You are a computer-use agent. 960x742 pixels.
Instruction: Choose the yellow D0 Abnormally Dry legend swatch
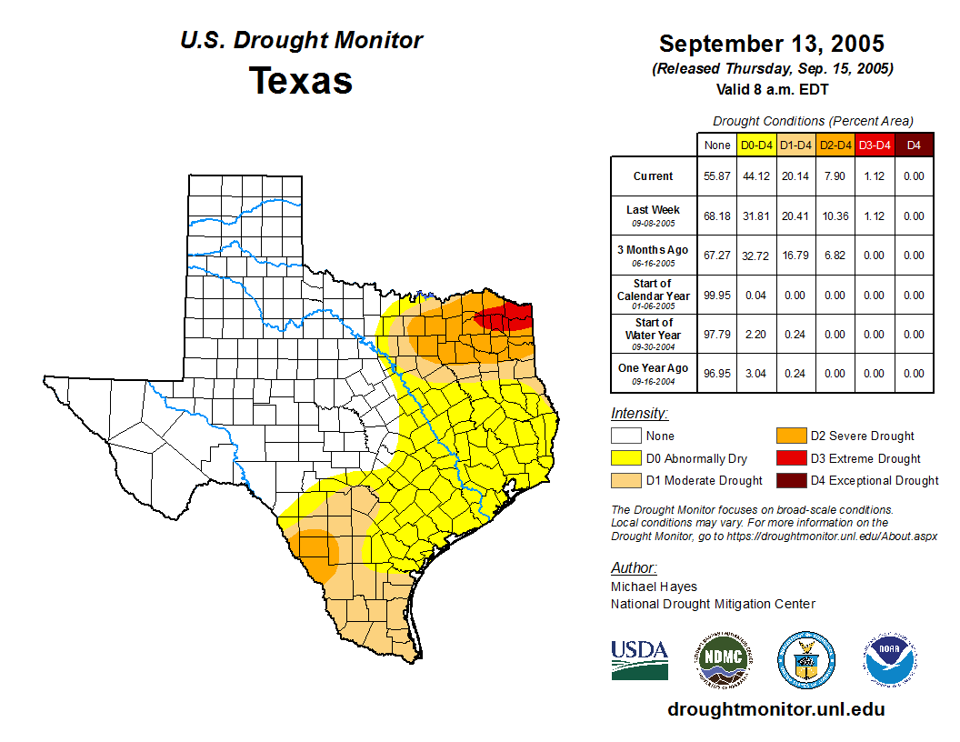(625, 458)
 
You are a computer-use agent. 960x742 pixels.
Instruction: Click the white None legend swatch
(625, 436)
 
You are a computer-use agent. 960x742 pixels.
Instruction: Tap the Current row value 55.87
(716, 176)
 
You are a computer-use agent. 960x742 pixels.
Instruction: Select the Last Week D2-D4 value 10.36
(835, 216)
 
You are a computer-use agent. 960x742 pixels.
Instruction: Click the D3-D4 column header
(874, 145)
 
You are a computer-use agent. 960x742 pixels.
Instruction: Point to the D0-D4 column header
(756, 145)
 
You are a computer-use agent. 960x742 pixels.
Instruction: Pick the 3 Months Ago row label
(653, 250)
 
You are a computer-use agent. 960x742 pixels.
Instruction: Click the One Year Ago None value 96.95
(716, 374)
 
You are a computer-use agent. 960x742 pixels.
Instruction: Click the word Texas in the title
(301, 80)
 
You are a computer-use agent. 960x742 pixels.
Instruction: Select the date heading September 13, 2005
(771, 44)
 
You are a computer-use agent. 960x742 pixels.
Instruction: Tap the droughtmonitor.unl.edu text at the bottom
(775, 709)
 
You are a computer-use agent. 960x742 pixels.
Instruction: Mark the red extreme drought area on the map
(505, 317)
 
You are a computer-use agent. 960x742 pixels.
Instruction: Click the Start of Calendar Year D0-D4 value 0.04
(756, 296)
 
